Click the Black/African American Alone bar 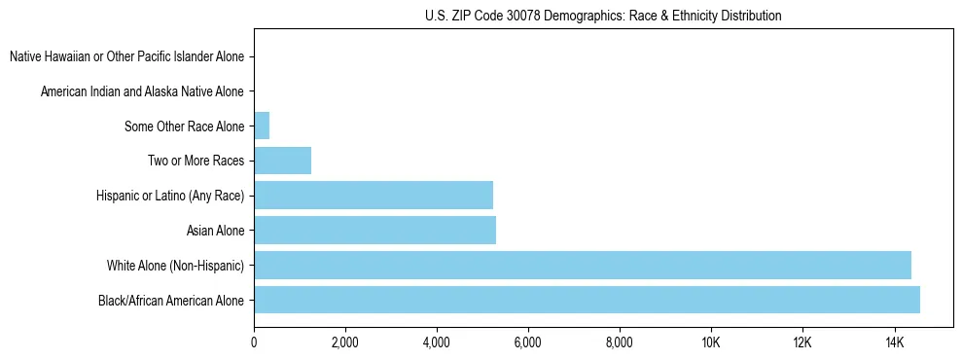[x=587, y=300]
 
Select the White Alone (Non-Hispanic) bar [x=583, y=265]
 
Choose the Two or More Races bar [x=282, y=161]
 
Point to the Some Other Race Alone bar [x=262, y=126]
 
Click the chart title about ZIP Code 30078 [x=603, y=16]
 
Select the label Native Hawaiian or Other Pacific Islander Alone [x=126, y=56]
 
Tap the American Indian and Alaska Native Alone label [x=142, y=91]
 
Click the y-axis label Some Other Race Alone [x=184, y=126]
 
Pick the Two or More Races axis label [x=196, y=161]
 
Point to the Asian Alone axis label [x=215, y=231]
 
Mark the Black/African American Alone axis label [x=171, y=300]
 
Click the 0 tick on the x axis [x=254, y=342]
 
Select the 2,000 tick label [x=345, y=342]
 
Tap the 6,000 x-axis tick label [x=527, y=342]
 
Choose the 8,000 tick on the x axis [x=619, y=342]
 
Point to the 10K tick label [x=710, y=342]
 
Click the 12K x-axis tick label [x=802, y=342]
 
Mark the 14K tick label [x=893, y=342]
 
